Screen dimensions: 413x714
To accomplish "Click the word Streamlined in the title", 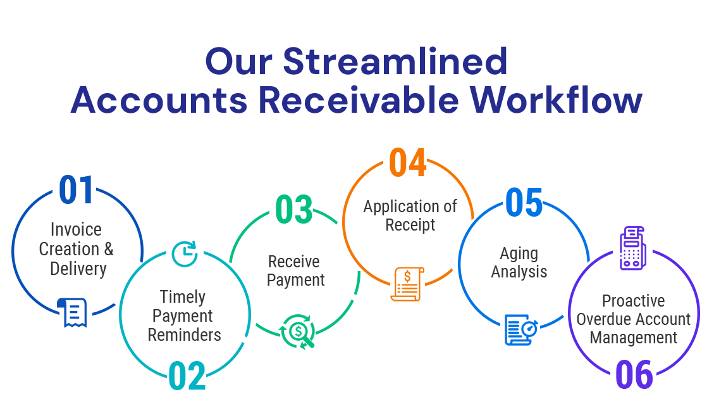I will pos(395,62).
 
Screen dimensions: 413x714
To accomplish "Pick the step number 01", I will pos(76,191).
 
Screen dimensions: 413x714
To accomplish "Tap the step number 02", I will pos(188,376).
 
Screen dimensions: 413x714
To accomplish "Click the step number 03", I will pos(295,210).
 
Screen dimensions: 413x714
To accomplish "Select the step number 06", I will pos(633,375).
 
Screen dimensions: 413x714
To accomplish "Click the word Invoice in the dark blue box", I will pos(76,229).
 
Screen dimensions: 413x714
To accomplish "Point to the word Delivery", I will pos(78,269).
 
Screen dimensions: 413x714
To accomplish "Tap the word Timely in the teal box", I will pos(182,297).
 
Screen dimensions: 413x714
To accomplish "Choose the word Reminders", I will pos(185,335).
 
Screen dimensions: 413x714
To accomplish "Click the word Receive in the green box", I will pos(293,262).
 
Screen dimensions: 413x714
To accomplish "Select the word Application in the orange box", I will pos(402,206).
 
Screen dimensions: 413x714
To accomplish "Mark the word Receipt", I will pos(410,225).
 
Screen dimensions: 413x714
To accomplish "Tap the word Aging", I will pos(519,253).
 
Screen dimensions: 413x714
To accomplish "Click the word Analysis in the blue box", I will pos(519,272).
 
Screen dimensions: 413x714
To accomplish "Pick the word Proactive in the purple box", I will pos(633,301).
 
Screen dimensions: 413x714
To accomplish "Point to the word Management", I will pos(633,338).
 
